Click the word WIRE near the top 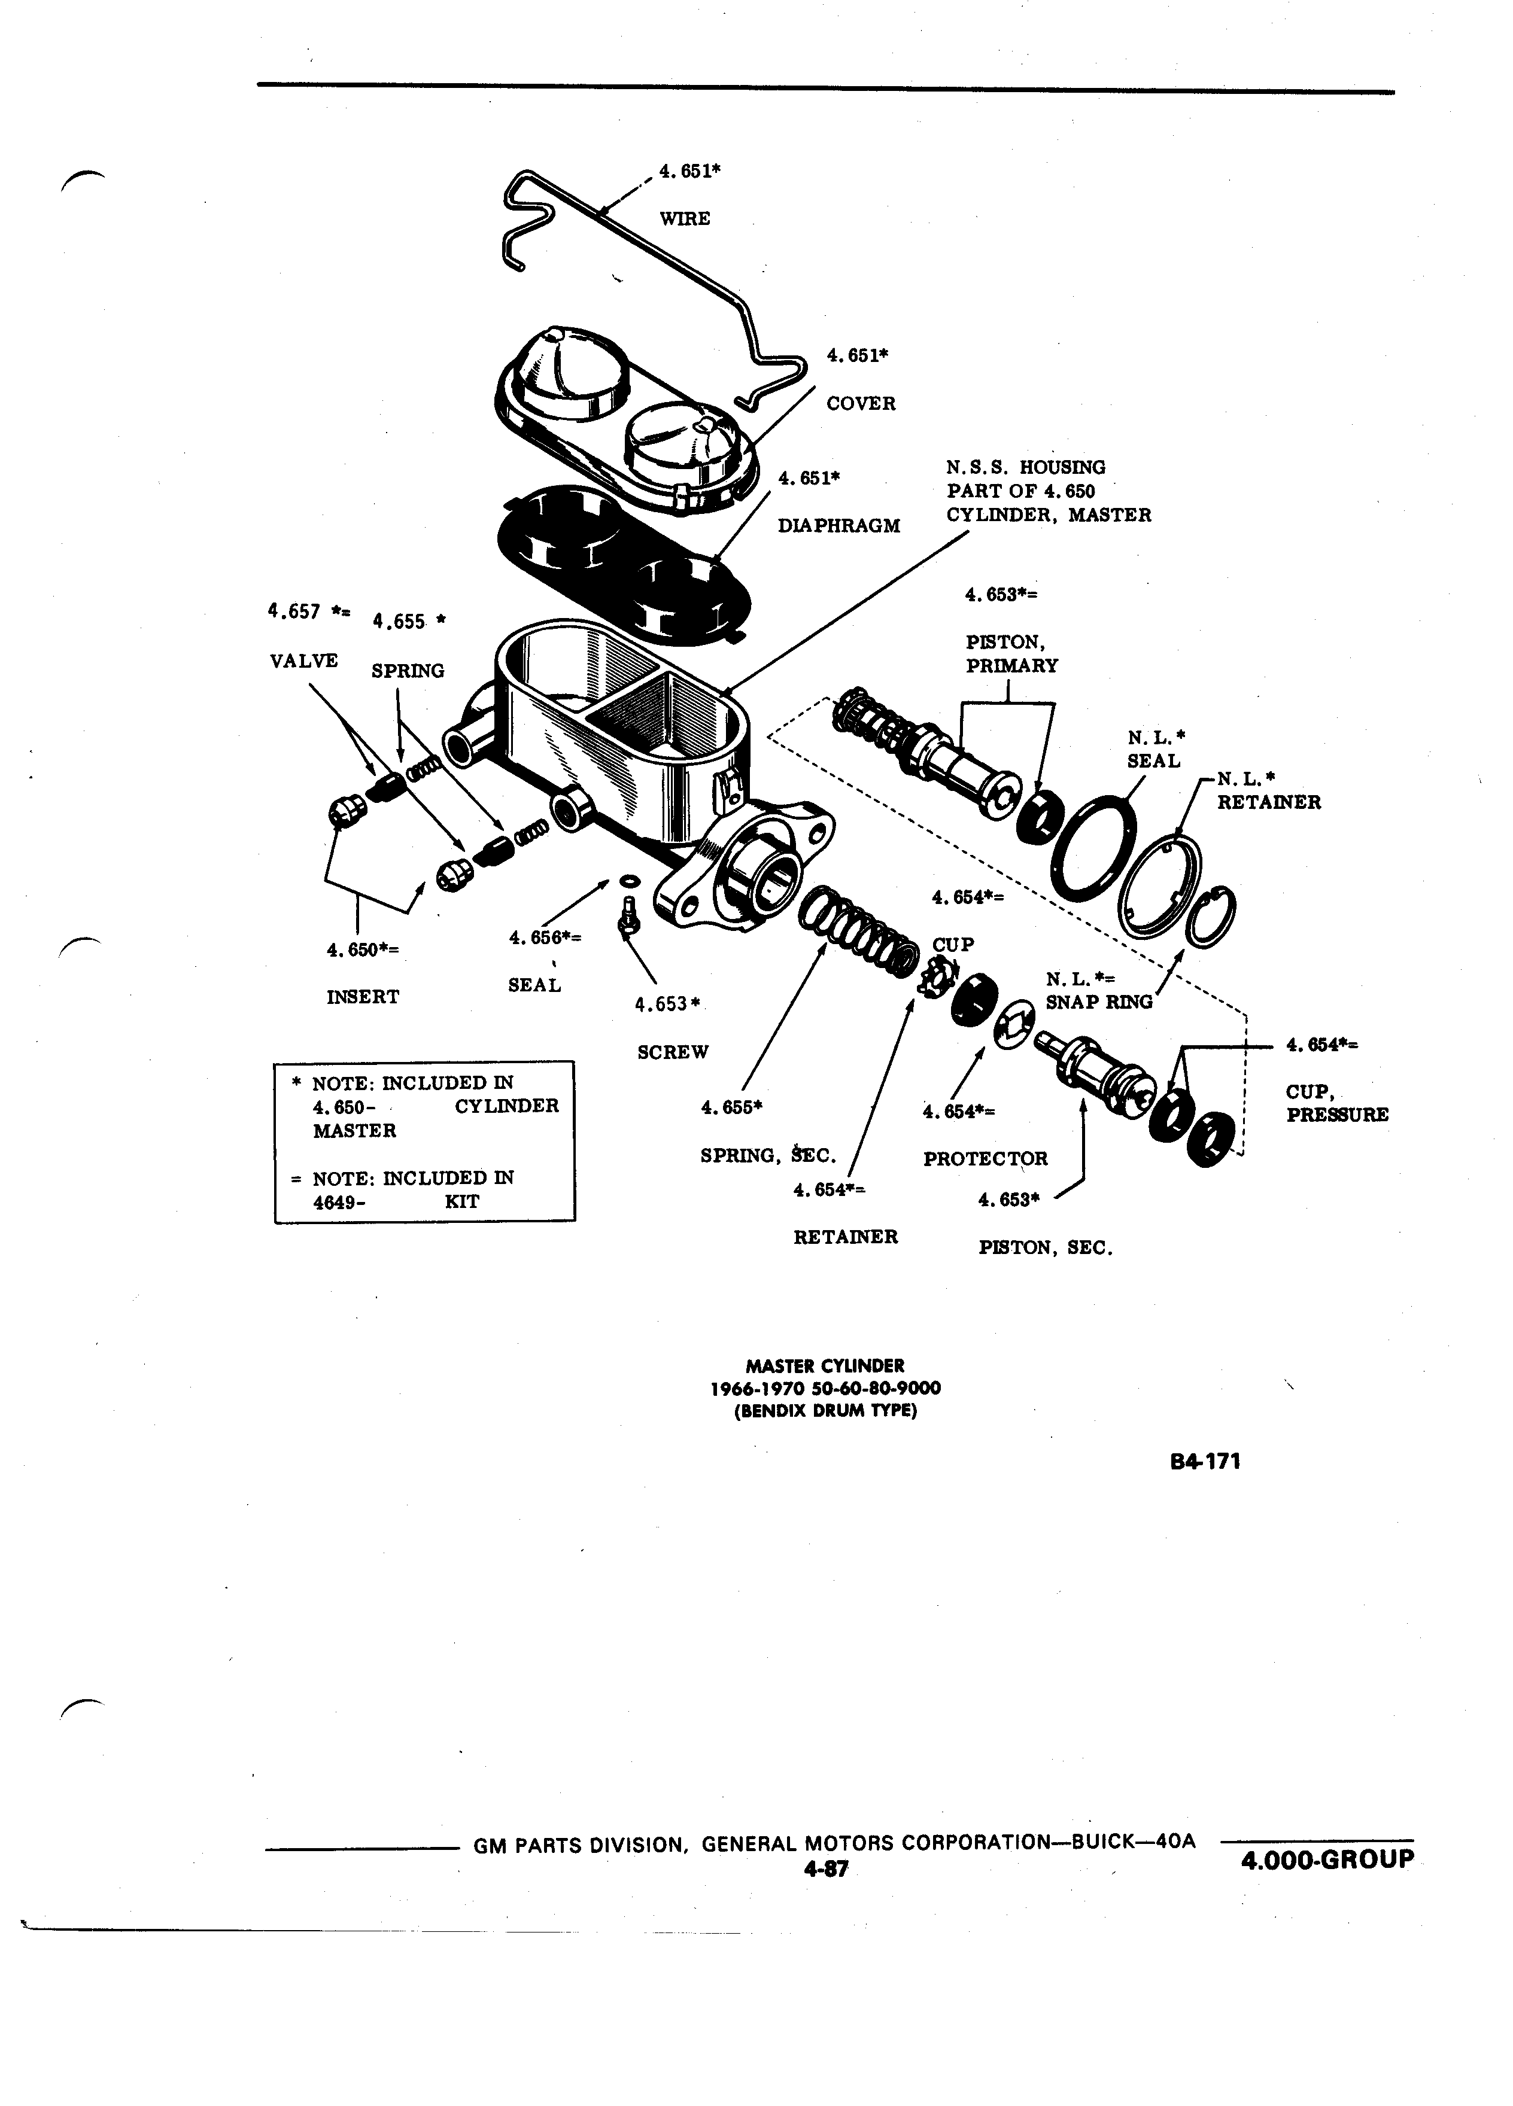tap(685, 219)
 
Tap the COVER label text tap(861, 404)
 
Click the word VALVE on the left tap(303, 661)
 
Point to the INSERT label tap(363, 997)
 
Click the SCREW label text tap(673, 1052)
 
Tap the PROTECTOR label tap(986, 1159)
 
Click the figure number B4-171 tap(1205, 1462)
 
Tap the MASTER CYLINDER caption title tap(825, 1366)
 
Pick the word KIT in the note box tap(461, 1201)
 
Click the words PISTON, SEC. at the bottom tap(1045, 1249)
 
